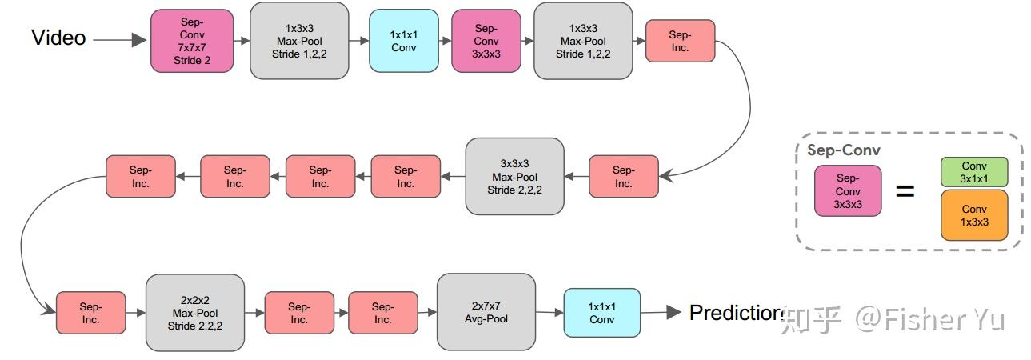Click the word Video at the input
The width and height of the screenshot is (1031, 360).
58,38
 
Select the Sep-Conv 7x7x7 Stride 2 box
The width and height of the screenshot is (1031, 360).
192,41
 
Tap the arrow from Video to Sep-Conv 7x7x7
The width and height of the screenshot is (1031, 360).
120,39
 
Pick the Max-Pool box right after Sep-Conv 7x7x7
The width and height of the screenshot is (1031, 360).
299,41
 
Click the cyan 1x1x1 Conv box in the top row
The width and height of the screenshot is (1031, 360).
403,41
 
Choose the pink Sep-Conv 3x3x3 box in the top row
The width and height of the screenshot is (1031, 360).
486,41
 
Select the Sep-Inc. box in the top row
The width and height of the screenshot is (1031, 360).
680,41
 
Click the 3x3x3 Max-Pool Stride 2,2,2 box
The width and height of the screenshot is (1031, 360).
514,177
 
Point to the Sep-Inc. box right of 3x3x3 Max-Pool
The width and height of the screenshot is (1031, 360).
624,177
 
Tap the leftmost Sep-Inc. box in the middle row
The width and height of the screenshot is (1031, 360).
140,177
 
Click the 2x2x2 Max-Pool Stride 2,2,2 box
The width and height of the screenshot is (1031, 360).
195,313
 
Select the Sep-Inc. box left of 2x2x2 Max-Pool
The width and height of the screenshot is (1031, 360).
90,313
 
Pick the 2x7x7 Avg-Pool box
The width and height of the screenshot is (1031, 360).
486,313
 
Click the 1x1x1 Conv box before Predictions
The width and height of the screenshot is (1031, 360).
601,313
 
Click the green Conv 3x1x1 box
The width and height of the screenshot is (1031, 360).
973,172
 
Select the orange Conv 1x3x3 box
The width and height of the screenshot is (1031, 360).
973,215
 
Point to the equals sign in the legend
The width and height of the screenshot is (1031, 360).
905,192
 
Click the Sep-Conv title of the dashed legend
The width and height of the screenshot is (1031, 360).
843,150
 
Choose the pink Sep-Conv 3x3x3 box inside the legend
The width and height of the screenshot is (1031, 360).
848,191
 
